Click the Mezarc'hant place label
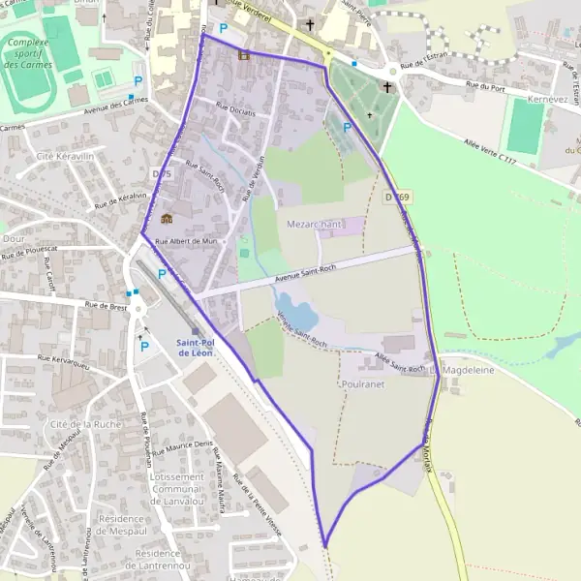315,224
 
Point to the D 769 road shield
392,197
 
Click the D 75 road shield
162,174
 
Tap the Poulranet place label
364,383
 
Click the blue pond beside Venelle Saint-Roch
298,315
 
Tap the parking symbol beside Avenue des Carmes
138,81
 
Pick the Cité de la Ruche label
85,424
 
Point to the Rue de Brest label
106,308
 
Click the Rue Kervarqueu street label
64,361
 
